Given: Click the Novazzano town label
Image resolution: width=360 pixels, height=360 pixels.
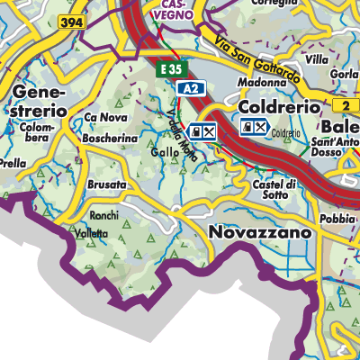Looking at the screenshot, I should (x=260, y=232).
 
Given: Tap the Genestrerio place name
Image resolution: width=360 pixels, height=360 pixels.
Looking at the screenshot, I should (x=40, y=101).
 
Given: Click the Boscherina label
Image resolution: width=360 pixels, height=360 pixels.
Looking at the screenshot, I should (x=109, y=139).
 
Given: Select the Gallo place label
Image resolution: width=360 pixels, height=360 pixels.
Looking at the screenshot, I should (x=166, y=153).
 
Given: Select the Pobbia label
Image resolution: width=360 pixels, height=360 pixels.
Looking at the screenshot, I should (x=337, y=219).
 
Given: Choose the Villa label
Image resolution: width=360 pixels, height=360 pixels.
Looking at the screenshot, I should (x=317, y=59).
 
